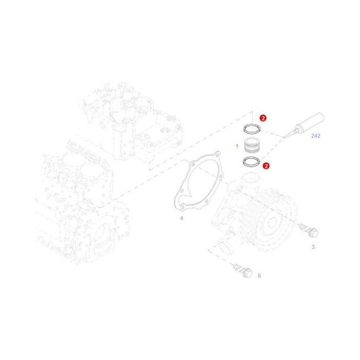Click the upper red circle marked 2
click(263, 118)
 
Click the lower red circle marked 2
click(266, 166)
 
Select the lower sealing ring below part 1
click(251, 162)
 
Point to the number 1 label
click(237, 146)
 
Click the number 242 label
click(315, 136)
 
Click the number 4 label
click(181, 218)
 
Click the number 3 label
click(313, 247)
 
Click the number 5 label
click(259, 276)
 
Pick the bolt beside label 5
click(242, 269)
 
